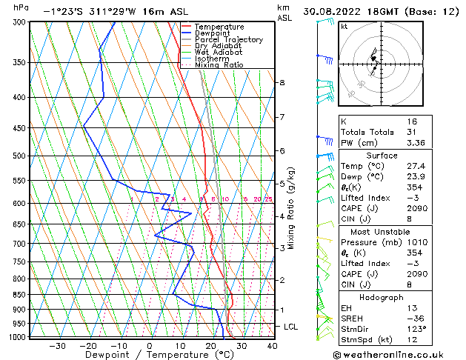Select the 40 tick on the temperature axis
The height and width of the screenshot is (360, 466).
pyautogui.click(x=272, y=346)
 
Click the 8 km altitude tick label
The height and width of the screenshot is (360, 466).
pyautogui.click(x=282, y=82)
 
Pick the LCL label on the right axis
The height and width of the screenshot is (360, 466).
pyautogui.click(x=291, y=327)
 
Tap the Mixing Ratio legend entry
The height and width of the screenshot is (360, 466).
pyautogui.click(x=219, y=64)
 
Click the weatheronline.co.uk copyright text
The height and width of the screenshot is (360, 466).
pyautogui.click(x=399, y=353)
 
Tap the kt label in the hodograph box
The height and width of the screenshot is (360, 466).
pyautogui.click(x=344, y=26)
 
